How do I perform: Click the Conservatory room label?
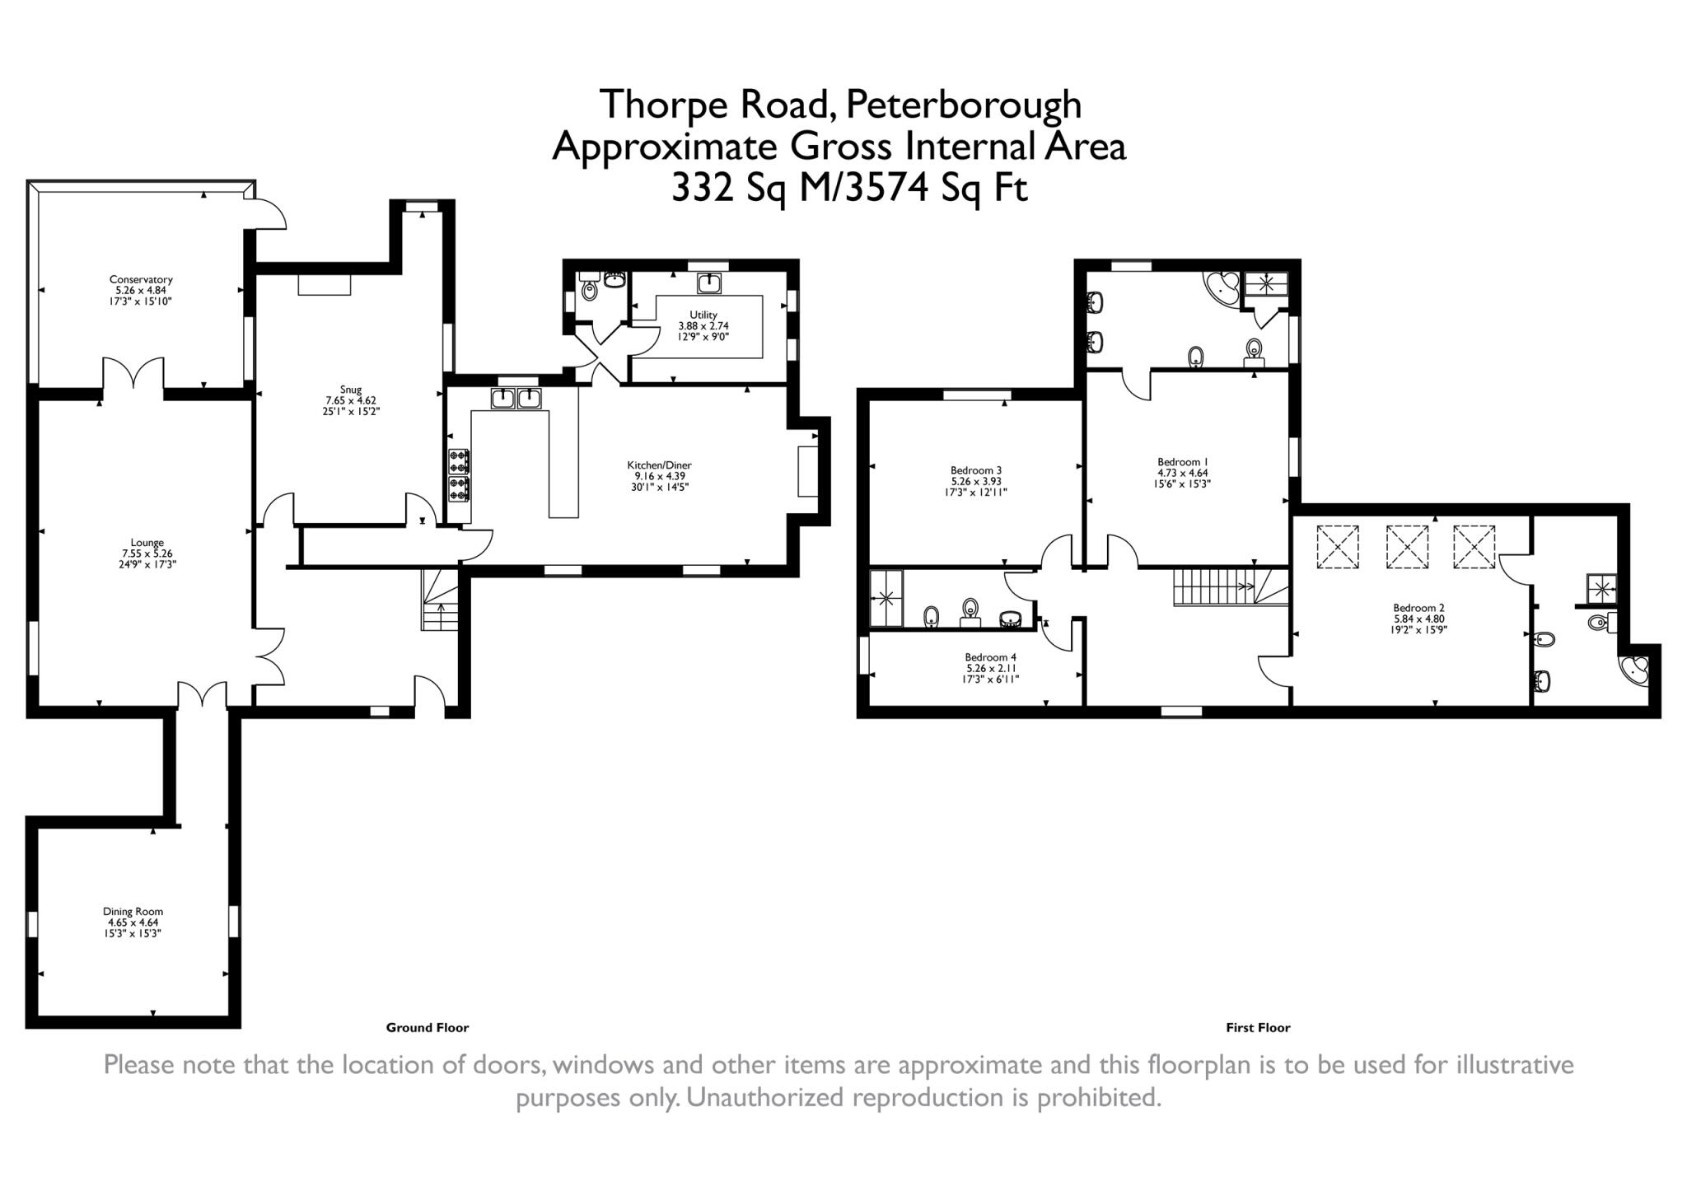[x=141, y=279]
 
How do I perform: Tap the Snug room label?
[x=350, y=390]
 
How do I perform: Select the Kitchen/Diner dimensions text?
[x=659, y=481]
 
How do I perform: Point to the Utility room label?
[x=703, y=315]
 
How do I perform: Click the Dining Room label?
[x=133, y=912]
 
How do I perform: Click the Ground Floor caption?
[x=427, y=1027]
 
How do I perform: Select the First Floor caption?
[x=1258, y=1027]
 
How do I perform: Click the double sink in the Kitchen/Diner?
[x=516, y=399]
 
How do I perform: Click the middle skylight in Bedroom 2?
[x=1406, y=547]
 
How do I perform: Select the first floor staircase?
[x=1229, y=586]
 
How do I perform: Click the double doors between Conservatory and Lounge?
[x=133, y=375]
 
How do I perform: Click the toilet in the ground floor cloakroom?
[x=588, y=289]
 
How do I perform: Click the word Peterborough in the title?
[x=964, y=105]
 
